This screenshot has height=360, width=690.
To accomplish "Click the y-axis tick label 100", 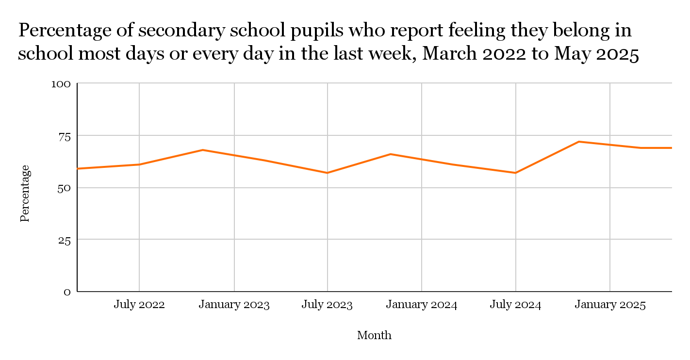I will [x=61, y=84].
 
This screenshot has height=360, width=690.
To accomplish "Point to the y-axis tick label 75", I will [x=65, y=136].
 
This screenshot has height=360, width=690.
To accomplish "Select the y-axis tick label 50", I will [x=64, y=188].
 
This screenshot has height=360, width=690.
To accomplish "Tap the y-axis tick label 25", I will [x=65, y=240].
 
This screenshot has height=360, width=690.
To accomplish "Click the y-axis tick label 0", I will [x=67, y=292].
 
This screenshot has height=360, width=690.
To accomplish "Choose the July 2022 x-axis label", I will [x=139, y=305].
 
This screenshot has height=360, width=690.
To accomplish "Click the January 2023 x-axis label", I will [x=234, y=305].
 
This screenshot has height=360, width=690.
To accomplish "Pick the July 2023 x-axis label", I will [x=327, y=305].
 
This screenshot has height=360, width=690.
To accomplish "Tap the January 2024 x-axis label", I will [x=421, y=305].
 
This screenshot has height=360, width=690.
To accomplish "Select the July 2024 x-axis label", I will [x=515, y=305].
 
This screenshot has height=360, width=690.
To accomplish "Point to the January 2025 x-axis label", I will [x=610, y=305].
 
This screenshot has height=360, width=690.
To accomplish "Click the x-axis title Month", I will [x=374, y=335].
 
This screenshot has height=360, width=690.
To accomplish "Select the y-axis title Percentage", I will [x=25, y=193].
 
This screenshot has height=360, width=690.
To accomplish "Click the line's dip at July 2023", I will [x=327, y=173].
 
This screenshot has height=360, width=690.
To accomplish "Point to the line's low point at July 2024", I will [x=515, y=173].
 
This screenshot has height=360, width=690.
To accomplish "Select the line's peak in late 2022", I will [x=203, y=150].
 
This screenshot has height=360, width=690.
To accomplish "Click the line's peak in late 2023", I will [x=391, y=154].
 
